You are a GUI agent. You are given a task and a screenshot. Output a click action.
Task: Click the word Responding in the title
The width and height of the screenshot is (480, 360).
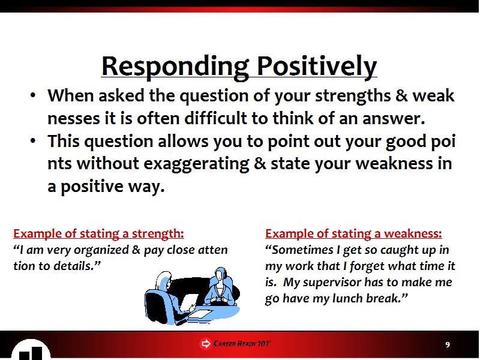coord(175,67)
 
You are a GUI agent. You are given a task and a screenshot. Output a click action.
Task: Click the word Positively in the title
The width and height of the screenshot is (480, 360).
coord(317,67)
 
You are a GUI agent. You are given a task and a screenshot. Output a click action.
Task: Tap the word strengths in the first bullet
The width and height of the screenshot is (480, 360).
coord(353,97)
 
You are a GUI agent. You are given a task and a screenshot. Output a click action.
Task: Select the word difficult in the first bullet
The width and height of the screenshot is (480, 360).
coord(215,118)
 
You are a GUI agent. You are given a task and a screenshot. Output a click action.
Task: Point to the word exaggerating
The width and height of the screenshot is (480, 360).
coord(197,164)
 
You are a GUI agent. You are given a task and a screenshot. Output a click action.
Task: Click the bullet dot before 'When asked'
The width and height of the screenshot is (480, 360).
coord(33,95)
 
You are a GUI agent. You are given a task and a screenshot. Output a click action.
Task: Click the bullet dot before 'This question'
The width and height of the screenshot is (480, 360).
coord(33,141)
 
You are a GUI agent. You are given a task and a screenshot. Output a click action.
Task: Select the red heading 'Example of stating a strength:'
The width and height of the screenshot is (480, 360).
coord(98,233)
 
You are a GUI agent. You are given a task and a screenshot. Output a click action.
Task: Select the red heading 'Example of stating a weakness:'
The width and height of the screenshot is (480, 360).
coord(353,233)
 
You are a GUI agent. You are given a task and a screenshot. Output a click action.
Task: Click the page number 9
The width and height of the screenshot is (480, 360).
coord(448,344)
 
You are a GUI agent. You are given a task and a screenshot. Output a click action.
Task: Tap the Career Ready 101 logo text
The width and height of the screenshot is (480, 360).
coord(242,343)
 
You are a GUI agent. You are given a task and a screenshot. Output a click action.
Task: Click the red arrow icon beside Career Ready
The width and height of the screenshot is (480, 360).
coord(205,343)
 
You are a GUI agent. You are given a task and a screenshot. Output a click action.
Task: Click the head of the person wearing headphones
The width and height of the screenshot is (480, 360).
coord(220,274)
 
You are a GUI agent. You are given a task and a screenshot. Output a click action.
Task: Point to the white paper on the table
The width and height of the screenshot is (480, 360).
coord(200,313)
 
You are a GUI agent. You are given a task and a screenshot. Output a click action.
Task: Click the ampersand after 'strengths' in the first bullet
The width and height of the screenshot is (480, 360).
coord(401,95)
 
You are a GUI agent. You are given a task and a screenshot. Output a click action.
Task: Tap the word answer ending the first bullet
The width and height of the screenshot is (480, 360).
coord(394,119)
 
